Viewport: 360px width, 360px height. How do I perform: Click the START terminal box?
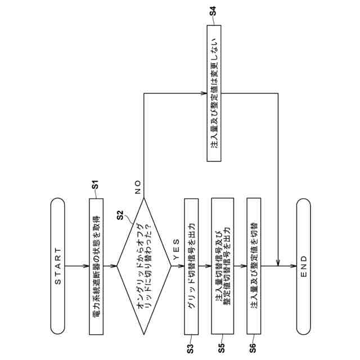58,265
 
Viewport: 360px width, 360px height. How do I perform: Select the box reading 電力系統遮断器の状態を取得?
96,265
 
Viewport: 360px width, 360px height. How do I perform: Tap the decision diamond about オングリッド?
143,265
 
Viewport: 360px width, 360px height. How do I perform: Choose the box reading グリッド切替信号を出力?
191,265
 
